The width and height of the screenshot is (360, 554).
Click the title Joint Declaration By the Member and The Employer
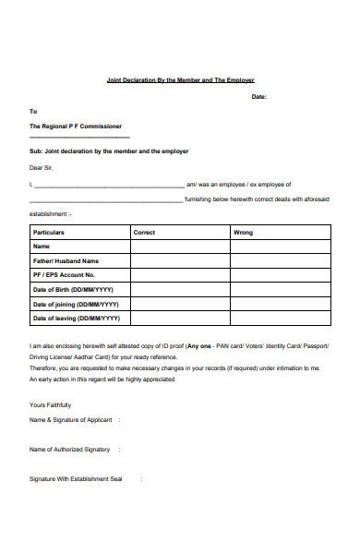(x=180, y=80)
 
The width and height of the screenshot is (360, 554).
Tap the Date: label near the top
(x=259, y=96)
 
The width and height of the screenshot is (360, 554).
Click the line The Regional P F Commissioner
(x=75, y=126)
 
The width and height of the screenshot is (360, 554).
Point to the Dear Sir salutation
(x=42, y=168)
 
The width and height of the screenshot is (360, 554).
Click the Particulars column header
(x=49, y=233)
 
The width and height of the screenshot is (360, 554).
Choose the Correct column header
(x=144, y=233)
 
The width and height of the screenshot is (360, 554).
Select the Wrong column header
(x=243, y=233)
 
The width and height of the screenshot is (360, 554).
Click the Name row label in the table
(x=42, y=247)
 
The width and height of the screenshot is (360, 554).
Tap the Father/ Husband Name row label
(x=66, y=261)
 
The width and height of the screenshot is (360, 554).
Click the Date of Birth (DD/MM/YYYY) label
(x=75, y=290)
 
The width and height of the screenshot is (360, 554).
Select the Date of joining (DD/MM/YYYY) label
(x=76, y=304)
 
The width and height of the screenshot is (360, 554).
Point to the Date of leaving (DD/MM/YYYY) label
(x=77, y=319)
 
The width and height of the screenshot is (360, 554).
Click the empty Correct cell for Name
(x=180, y=247)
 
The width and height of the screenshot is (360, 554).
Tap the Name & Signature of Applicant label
(x=71, y=420)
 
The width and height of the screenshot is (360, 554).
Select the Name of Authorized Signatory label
(x=69, y=449)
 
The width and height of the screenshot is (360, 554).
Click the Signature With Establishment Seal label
(x=76, y=478)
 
